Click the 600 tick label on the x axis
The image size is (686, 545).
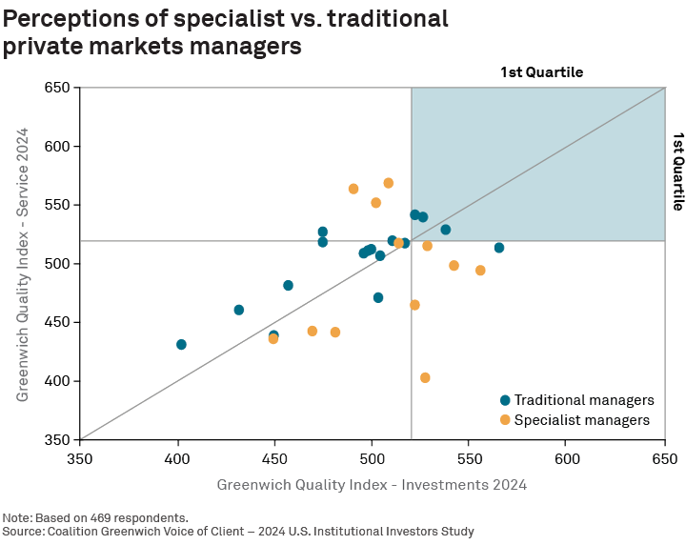[x=567, y=457]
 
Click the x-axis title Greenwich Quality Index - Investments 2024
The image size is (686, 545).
[x=372, y=485]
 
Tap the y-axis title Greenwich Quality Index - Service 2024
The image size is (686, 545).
[x=22, y=264]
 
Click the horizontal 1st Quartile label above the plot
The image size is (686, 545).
[x=541, y=72]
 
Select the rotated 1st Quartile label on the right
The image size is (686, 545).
[x=678, y=172]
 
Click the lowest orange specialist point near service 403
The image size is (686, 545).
[x=425, y=378]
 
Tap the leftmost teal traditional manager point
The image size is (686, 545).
[x=181, y=345]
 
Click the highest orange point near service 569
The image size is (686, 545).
[x=389, y=183]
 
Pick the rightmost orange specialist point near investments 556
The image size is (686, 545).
[x=480, y=271]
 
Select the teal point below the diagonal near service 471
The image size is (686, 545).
[x=378, y=298]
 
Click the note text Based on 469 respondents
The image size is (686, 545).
[x=95, y=518]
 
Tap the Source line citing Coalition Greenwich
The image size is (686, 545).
[x=238, y=531]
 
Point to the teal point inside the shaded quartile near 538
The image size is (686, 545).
[x=446, y=230]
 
